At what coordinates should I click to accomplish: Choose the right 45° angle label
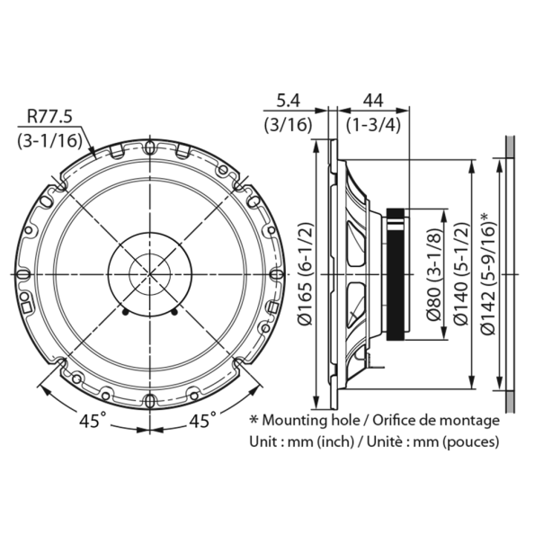pos(200,420)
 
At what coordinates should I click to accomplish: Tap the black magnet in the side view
pos(396,274)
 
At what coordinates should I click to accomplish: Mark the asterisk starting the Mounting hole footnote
pos(254,419)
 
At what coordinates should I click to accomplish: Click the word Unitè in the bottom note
pos(379,442)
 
